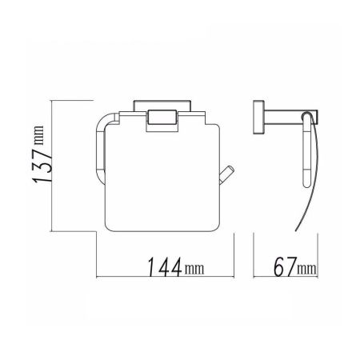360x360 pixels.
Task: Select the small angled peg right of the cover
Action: point(226,175)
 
